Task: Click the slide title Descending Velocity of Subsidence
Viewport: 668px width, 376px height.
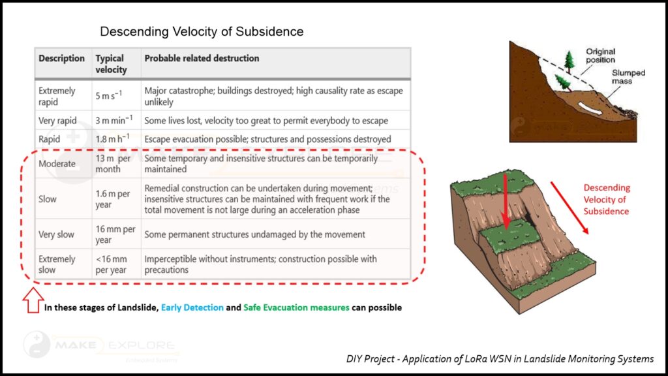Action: click(x=202, y=31)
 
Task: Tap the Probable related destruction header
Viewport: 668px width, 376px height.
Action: click(x=202, y=58)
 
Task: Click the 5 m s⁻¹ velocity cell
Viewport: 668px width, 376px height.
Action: click(x=109, y=95)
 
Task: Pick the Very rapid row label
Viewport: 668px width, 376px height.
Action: click(x=57, y=121)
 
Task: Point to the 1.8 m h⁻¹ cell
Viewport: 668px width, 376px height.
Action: click(x=112, y=138)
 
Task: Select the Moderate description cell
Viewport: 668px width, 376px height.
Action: click(x=57, y=164)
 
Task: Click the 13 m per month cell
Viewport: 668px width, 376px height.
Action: click(x=113, y=164)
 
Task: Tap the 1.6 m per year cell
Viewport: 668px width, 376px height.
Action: click(x=112, y=199)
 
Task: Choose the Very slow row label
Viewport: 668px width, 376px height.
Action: click(x=56, y=234)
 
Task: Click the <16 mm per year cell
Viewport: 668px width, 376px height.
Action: click(x=111, y=264)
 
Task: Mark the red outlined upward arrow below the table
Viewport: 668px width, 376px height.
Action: click(x=33, y=300)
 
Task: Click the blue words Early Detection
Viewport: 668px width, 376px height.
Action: click(x=192, y=307)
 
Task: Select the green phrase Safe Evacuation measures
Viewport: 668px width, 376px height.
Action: click(x=296, y=307)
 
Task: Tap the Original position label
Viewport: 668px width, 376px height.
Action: click(x=600, y=56)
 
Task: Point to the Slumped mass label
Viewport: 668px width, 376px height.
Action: click(x=628, y=77)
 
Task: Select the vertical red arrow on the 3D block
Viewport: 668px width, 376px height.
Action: click(x=506, y=201)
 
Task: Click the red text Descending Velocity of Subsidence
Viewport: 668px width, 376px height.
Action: click(x=606, y=200)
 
